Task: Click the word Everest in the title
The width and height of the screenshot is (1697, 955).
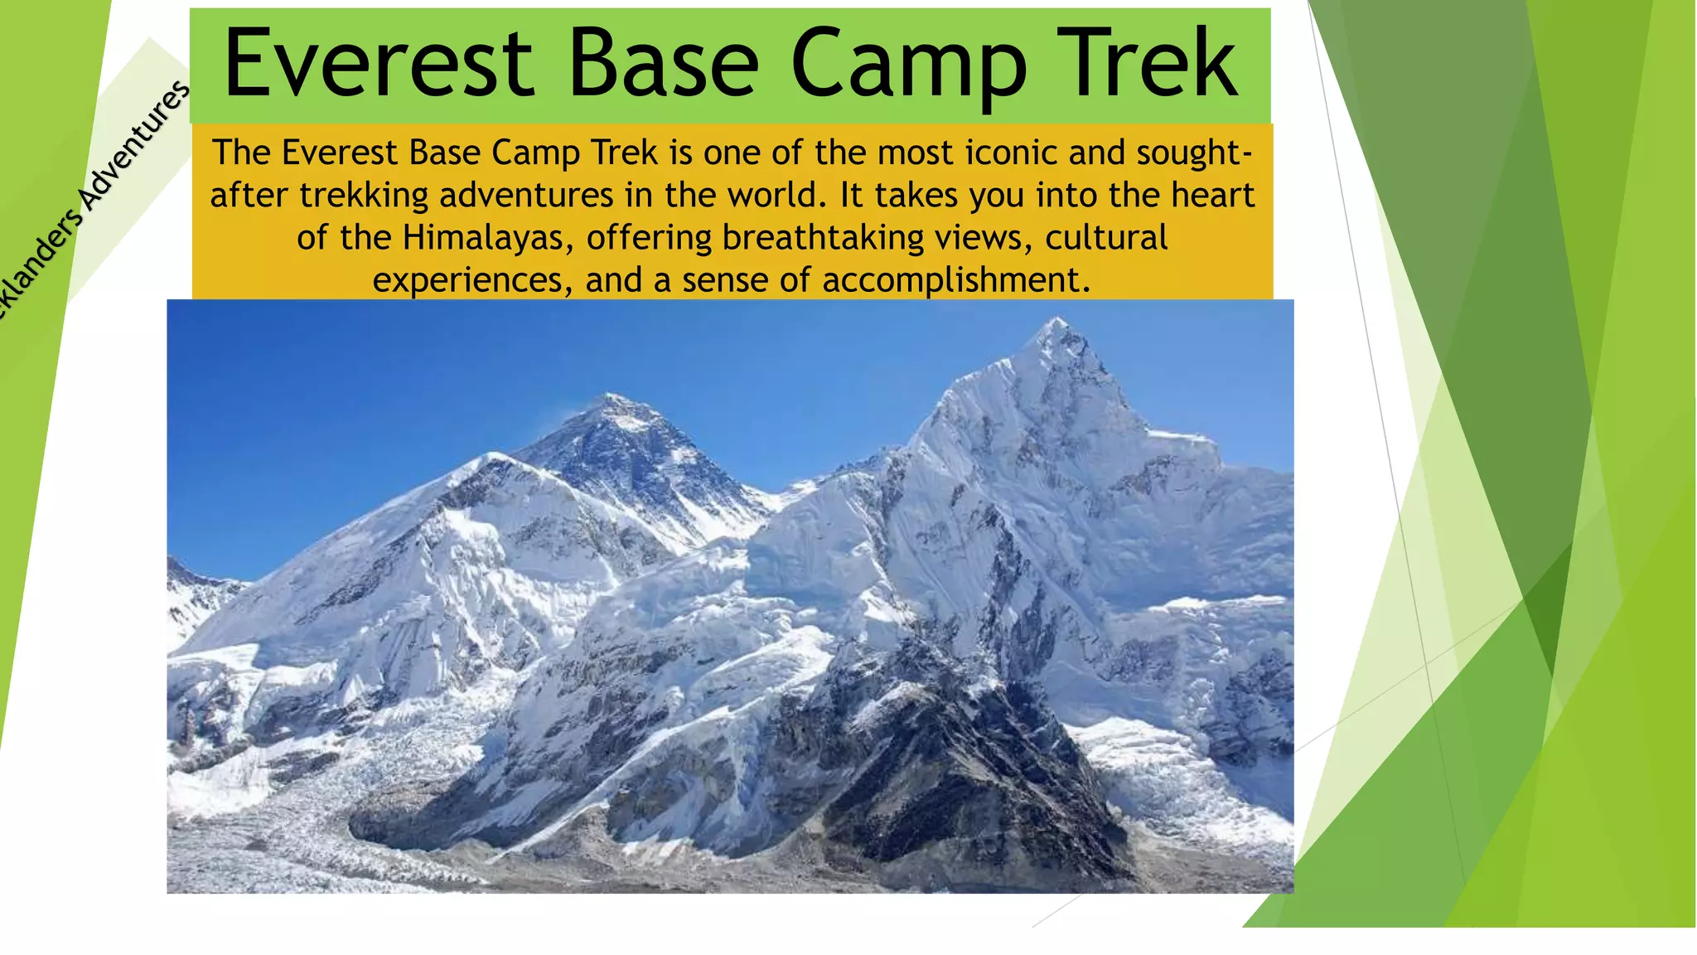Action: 378,64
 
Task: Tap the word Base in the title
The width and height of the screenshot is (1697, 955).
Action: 663,64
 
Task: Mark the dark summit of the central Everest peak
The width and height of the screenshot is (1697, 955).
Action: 613,400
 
